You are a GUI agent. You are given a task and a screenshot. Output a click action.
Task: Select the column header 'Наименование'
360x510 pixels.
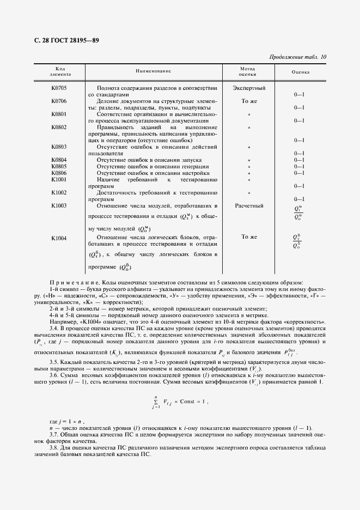pyautogui.click(x=154, y=71)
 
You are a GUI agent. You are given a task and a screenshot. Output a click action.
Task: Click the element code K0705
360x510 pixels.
pyautogui.click(x=59, y=88)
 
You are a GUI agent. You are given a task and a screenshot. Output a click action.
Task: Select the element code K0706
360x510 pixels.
pyautogui.click(x=59, y=101)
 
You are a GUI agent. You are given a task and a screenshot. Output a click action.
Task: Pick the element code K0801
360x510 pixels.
pyautogui.click(x=59, y=114)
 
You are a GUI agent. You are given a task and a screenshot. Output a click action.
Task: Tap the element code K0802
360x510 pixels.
pyautogui.click(x=59, y=127)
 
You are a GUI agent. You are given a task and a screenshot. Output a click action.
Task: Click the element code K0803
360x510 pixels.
pyautogui.click(x=59, y=147)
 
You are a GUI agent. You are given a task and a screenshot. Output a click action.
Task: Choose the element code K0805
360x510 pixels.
pyautogui.click(x=59, y=166)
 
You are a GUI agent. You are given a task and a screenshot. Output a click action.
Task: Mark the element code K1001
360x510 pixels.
pyautogui.click(x=59, y=179)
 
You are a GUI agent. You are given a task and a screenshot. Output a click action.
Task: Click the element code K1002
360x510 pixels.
pyautogui.click(x=59, y=192)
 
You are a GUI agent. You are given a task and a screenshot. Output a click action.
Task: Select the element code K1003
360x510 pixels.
pyautogui.click(x=59, y=206)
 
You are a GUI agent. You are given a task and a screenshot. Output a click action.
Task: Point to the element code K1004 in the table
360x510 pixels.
pyautogui.click(x=59, y=238)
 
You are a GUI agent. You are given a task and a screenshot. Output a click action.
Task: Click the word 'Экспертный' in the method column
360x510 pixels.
pyautogui.click(x=249, y=88)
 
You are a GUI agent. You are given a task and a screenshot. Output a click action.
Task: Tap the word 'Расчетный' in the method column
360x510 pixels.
pyautogui.click(x=249, y=206)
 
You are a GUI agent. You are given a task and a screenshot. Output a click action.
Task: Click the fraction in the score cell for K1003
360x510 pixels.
pyautogui.click(x=298, y=213)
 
